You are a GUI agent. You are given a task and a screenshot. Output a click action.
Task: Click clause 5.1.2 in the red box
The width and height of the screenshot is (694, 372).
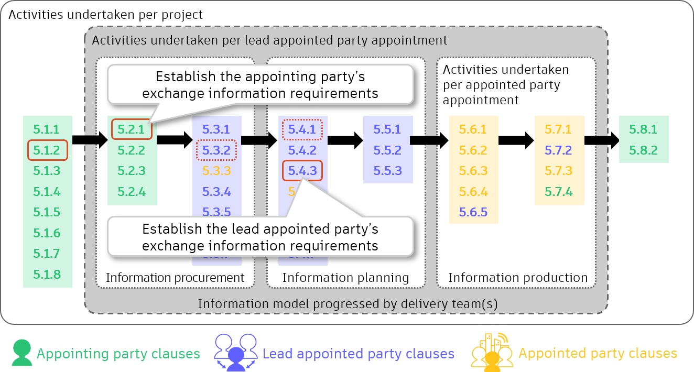point(47,150)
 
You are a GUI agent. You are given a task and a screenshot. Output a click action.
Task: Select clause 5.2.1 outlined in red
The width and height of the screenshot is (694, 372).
point(132,129)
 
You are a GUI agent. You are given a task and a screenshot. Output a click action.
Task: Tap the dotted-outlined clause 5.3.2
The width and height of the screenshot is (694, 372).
point(216,150)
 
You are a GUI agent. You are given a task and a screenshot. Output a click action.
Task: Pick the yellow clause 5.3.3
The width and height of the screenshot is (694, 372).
point(216,171)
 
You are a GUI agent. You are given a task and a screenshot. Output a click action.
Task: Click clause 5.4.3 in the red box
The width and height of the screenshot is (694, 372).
point(302,171)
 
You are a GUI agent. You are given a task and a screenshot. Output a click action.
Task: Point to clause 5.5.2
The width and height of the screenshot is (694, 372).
point(387,150)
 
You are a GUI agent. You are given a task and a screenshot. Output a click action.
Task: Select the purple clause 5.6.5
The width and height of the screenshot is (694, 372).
point(473,212)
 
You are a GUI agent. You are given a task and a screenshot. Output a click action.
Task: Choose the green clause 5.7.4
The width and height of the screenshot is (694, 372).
point(559,192)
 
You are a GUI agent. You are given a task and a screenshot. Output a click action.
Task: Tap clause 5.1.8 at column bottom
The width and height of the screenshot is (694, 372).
point(47,275)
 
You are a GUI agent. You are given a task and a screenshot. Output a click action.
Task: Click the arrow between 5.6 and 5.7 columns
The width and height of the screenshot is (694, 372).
point(516,140)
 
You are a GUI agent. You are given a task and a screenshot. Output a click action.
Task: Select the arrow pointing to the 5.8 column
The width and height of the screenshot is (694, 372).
point(601,140)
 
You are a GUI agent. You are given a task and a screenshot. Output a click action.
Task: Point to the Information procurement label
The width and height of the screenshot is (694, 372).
point(175,278)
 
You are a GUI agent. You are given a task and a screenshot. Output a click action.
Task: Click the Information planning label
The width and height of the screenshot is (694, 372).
point(345,278)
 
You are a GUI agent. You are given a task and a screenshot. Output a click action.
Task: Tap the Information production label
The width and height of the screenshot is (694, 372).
point(518,278)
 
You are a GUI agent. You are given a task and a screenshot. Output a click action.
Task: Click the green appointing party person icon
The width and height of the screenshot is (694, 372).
point(22,353)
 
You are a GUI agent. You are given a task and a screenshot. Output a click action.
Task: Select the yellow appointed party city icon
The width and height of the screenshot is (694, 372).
point(492,352)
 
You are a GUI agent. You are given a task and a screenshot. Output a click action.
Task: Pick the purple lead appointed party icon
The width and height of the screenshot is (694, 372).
point(236,352)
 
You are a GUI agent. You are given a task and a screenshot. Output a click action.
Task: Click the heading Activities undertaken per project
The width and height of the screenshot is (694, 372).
point(105,15)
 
